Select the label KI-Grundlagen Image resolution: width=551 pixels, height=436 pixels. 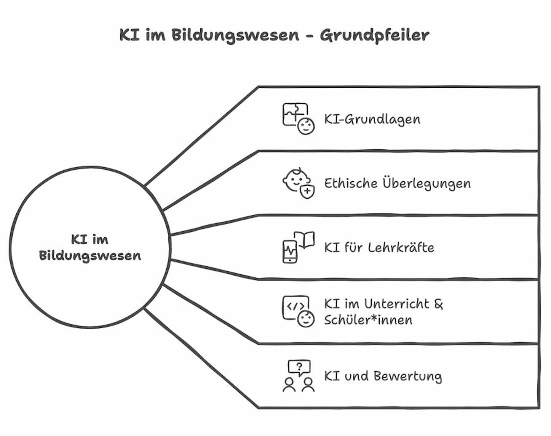click(372, 119)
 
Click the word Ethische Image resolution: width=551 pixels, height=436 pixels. click(351, 183)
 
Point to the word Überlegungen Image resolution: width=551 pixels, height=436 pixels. click(427, 183)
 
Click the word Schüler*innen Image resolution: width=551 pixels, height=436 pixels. click(368, 320)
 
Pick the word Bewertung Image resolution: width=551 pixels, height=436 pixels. click(408, 376)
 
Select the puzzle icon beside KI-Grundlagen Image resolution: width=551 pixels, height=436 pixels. click(295, 114)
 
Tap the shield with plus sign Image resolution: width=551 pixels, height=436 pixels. click(307, 191)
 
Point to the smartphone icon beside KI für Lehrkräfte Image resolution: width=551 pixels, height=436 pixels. click(290, 252)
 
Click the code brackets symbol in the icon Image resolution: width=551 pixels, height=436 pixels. click(296, 306)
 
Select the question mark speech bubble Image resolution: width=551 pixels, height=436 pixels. click(299, 368)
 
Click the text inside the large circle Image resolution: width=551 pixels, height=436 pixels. click(90, 248)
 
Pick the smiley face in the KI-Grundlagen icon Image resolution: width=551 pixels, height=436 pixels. click(306, 126)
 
